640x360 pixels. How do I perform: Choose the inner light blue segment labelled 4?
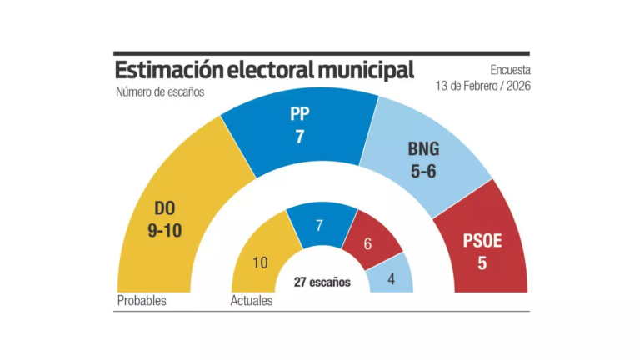click(x=392, y=279)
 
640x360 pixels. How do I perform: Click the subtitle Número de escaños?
click(x=160, y=92)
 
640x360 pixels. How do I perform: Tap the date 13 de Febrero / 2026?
click(x=482, y=86)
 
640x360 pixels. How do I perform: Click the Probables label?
click(x=142, y=301)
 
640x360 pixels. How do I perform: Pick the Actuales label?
click(x=252, y=301)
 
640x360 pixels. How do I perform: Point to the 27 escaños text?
click(x=322, y=282)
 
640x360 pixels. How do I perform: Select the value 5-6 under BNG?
click(x=422, y=172)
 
